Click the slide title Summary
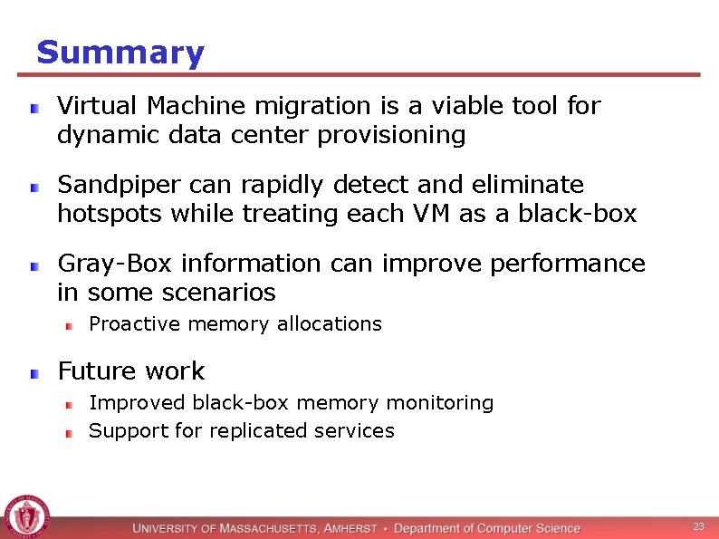click(120, 53)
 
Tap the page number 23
click(698, 526)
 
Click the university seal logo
click(26, 516)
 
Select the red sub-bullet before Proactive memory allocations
click(68, 325)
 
